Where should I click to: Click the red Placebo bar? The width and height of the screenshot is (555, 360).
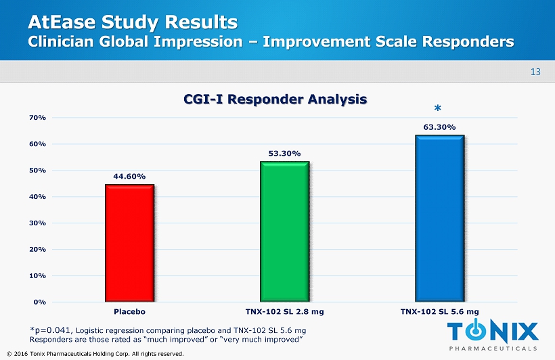(x=129, y=242)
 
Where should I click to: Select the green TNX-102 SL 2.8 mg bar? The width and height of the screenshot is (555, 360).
(x=284, y=231)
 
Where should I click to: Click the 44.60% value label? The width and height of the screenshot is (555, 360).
(x=129, y=177)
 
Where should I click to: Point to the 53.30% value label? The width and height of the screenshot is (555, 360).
(x=284, y=153)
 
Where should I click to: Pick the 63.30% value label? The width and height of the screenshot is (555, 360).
(x=439, y=127)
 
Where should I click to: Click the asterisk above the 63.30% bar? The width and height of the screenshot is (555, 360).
(x=437, y=109)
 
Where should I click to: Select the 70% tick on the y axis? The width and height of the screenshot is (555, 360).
(x=37, y=118)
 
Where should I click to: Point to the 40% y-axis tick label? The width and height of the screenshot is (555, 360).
(x=37, y=197)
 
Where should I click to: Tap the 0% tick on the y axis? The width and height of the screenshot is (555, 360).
(x=39, y=302)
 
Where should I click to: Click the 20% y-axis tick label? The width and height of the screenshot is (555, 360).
(x=37, y=250)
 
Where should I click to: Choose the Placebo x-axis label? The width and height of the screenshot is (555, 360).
(x=129, y=312)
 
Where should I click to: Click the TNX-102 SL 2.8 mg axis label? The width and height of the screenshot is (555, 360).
(x=284, y=312)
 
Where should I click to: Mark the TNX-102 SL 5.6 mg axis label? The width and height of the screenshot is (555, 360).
(x=439, y=312)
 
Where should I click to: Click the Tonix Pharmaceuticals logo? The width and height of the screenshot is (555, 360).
(x=493, y=335)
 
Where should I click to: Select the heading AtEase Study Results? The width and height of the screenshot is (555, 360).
(x=133, y=22)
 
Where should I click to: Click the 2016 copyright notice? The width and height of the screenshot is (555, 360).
(x=94, y=353)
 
